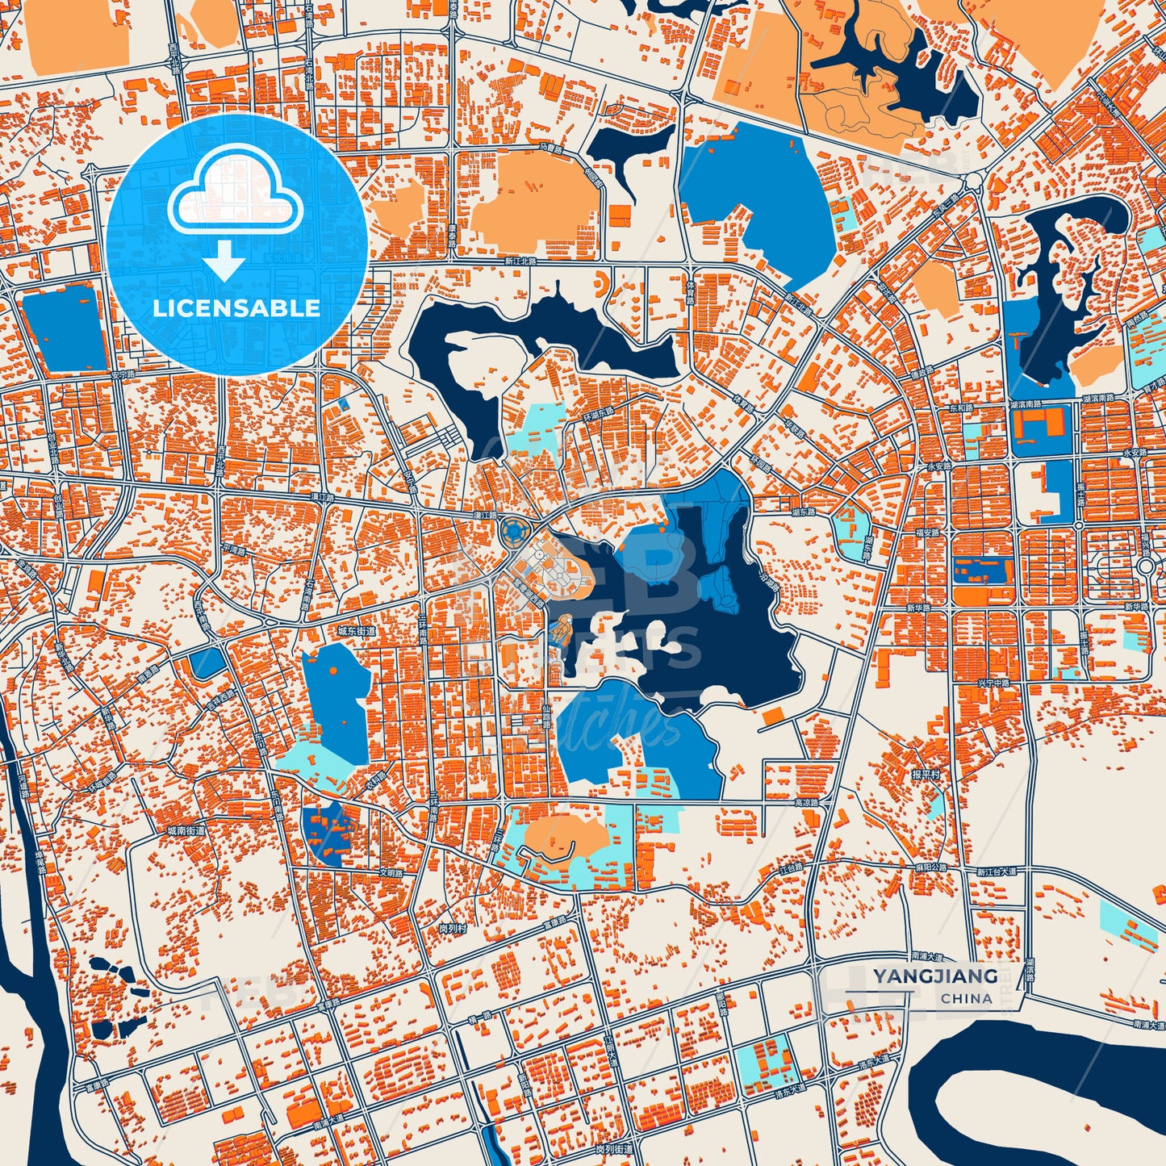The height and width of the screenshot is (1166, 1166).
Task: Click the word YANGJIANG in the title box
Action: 934,976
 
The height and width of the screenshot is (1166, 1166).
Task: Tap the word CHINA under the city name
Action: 966,998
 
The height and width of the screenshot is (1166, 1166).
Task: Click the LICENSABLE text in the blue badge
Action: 236,308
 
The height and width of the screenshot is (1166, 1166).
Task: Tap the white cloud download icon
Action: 235,211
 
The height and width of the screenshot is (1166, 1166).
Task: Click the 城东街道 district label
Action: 356,631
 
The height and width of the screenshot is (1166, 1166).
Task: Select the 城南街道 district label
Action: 186,830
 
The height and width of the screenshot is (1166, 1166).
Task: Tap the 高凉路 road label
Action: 806,804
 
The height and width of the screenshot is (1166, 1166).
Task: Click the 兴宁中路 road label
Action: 993,683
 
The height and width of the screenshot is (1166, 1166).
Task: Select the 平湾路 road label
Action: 233,550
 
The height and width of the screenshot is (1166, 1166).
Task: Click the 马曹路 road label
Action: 550,148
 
